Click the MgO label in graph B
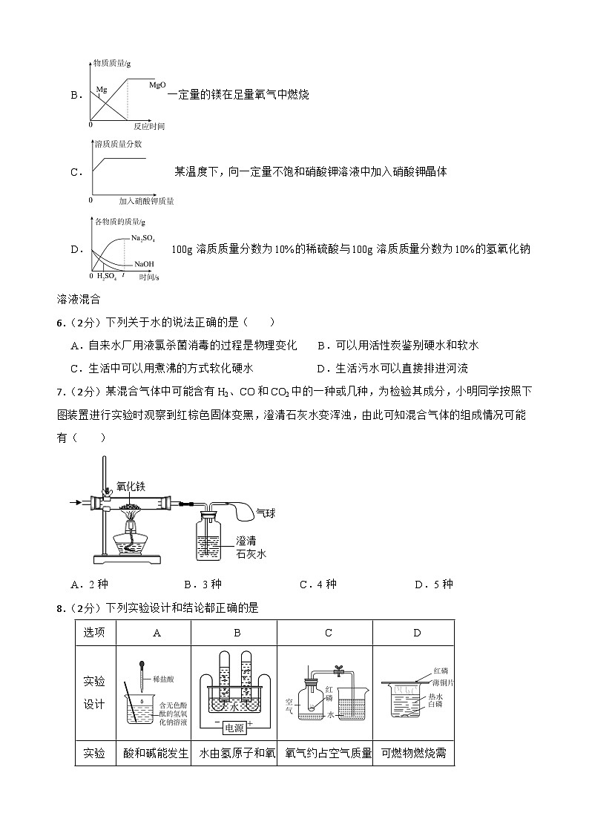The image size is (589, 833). coord(157,85)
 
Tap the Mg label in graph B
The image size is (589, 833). coord(102,89)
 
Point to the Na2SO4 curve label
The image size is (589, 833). coord(142,237)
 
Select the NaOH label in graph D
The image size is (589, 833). coord(145,264)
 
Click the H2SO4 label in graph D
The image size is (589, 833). coord(107,277)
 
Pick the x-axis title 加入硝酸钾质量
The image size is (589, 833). coord(146,200)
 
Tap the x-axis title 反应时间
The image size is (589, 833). coord(148,125)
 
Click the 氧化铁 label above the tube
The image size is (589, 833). coord(131,487)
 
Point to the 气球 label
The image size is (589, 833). coord(265,512)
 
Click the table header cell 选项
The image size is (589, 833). coord(94,633)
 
